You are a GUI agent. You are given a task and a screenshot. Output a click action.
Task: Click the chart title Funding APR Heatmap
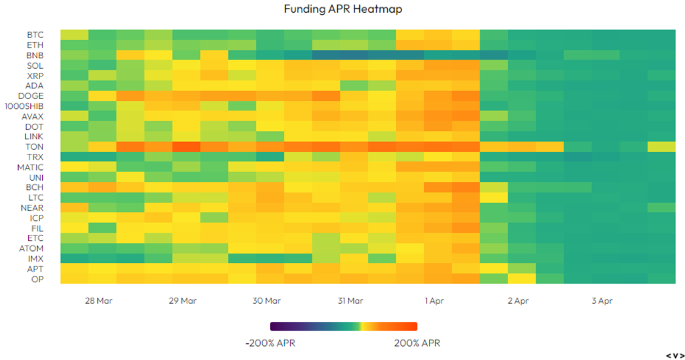(x=343, y=9)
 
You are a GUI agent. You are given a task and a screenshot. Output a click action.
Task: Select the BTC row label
(x=35, y=35)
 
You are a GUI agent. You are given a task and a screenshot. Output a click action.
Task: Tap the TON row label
(x=35, y=147)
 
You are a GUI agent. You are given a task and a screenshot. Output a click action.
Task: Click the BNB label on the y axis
(x=35, y=55)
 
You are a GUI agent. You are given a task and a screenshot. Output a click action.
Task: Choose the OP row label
(x=37, y=278)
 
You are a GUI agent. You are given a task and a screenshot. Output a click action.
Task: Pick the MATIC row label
(x=31, y=167)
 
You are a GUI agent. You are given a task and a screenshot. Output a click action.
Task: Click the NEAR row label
(x=33, y=207)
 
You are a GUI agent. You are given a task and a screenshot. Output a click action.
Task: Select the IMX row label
(x=35, y=258)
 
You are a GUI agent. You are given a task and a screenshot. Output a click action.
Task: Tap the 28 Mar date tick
(x=98, y=301)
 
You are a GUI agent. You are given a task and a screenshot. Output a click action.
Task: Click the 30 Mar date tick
(x=266, y=301)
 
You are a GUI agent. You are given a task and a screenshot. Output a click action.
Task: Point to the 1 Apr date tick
(x=435, y=301)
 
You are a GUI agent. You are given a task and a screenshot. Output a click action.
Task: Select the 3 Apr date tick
(x=602, y=301)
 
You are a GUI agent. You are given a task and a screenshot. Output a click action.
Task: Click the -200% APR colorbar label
(x=270, y=343)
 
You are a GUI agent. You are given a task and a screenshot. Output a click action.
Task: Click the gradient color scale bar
(x=343, y=327)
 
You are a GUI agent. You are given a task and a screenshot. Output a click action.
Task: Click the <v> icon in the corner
(x=674, y=355)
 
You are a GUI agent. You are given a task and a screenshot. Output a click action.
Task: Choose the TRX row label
(x=35, y=157)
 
